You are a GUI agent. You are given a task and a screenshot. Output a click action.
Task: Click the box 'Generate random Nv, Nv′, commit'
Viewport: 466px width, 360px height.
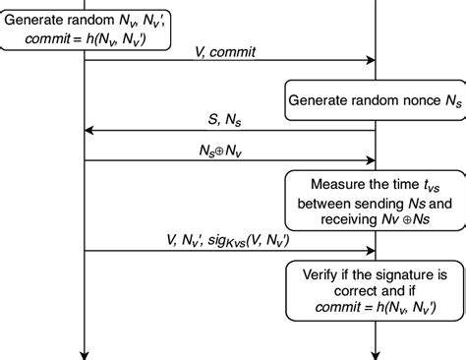click(86, 27)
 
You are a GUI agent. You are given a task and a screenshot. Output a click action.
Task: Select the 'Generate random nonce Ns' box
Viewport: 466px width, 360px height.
click(375, 99)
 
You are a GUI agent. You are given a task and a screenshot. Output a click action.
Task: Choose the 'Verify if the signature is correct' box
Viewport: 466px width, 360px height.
click(375, 292)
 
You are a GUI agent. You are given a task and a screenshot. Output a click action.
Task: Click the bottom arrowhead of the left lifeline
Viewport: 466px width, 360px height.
click(86, 353)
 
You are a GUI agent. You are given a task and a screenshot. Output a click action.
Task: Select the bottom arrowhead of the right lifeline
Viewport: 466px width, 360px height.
click(375, 353)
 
